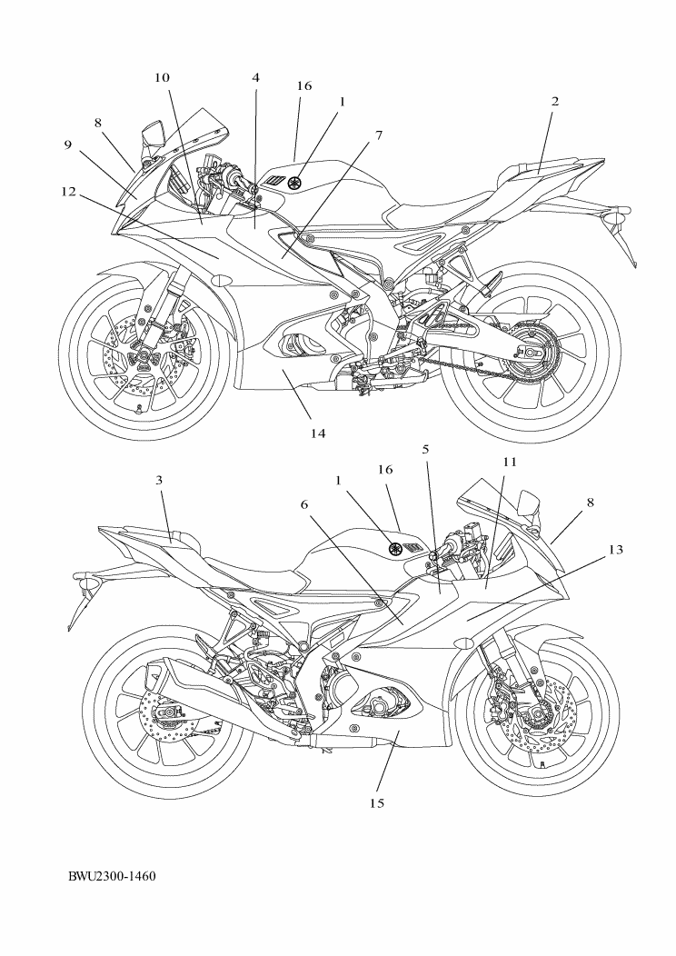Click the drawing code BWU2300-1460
pyautogui.click(x=112, y=877)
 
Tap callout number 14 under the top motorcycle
pyautogui.click(x=317, y=433)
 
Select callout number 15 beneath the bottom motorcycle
pyautogui.click(x=377, y=802)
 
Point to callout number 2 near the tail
pyautogui.click(x=554, y=102)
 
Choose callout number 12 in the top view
pyautogui.click(x=69, y=192)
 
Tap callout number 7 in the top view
pyautogui.click(x=379, y=135)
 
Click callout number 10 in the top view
pyautogui.click(x=162, y=78)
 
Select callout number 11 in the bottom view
pyautogui.click(x=510, y=462)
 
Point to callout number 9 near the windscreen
pyautogui.click(x=67, y=144)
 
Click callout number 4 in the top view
pyautogui.click(x=256, y=78)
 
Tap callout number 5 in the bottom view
pyautogui.click(x=426, y=449)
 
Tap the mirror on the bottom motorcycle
pyautogui.click(x=527, y=499)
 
